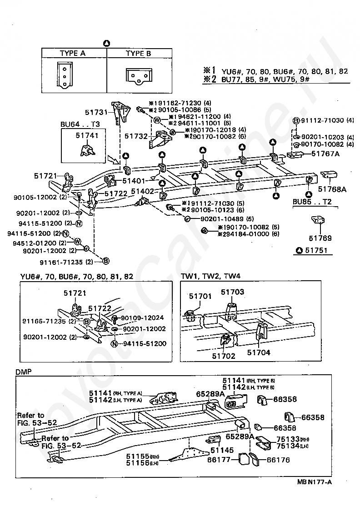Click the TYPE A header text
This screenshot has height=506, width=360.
[72, 54]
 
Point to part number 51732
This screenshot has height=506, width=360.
[135, 135]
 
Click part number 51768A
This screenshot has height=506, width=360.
[332, 189]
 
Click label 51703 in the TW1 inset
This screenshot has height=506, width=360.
[232, 292]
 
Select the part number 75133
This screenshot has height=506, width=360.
[288, 439]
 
